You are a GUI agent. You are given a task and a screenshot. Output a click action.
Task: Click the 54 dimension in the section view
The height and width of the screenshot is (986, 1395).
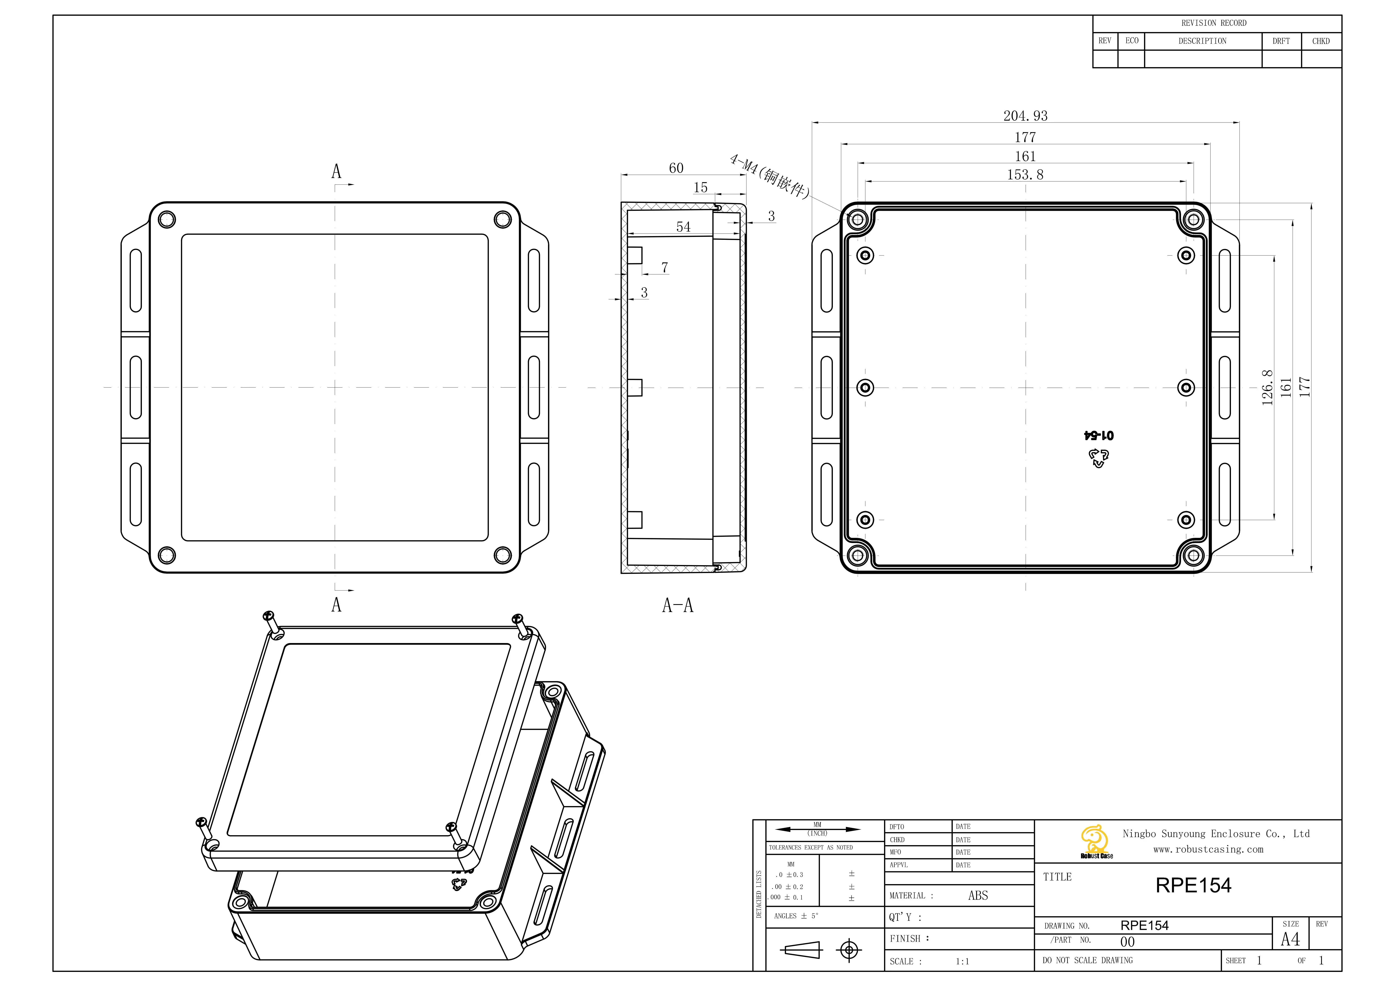coord(684,227)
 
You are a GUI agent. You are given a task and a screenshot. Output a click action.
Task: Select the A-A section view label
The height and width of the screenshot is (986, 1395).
coord(678,605)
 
